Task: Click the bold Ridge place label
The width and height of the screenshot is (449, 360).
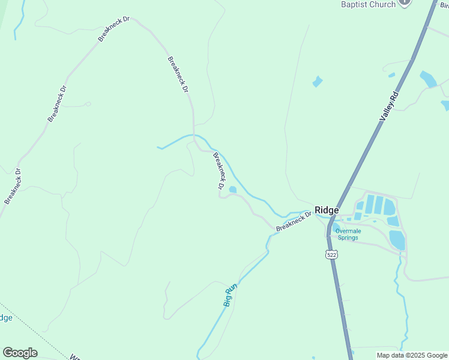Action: (327, 211)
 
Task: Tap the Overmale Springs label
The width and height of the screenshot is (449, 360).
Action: (348, 234)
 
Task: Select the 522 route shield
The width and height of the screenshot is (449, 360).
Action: (332, 255)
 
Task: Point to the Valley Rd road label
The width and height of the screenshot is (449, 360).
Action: (390, 107)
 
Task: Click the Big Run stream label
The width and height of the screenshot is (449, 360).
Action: (231, 295)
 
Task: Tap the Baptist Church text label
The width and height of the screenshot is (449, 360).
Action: (368, 4)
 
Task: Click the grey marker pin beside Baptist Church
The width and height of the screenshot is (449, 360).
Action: (405, 2)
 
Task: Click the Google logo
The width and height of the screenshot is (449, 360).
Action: (20, 353)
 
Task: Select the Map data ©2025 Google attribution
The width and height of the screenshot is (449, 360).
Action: (412, 355)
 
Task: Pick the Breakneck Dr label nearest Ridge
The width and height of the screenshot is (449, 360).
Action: (294, 221)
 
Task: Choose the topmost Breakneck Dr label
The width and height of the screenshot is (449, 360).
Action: (113, 29)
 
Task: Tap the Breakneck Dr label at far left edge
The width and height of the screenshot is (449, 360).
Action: (13, 186)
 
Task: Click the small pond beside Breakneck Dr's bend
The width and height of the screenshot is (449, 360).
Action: (232, 190)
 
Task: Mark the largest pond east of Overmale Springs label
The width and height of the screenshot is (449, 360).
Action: (397, 240)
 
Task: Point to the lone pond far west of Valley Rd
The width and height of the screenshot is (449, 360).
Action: (318, 82)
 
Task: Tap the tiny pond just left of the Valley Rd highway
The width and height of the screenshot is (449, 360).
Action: (391, 75)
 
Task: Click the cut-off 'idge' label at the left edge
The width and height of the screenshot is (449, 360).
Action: (5, 317)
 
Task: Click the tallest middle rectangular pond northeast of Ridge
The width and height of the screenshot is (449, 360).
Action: (379, 205)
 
